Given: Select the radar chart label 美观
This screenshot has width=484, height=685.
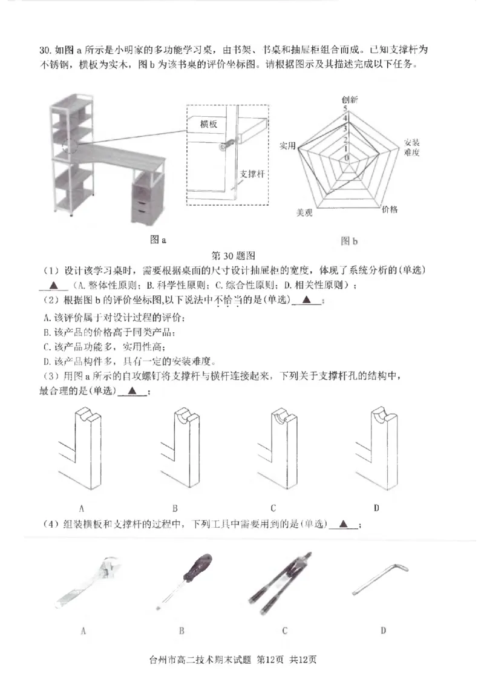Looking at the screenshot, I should pyautogui.click(x=304, y=213).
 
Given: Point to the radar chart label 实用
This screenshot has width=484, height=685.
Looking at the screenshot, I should pyautogui.click(x=288, y=146).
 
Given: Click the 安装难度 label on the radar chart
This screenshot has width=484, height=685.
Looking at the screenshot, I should pyautogui.click(x=411, y=147).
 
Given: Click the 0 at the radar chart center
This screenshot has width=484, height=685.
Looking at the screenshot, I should pyautogui.click(x=347, y=158).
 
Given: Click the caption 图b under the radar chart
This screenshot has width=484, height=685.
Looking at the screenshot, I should pyautogui.click(x=349, y=241).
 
